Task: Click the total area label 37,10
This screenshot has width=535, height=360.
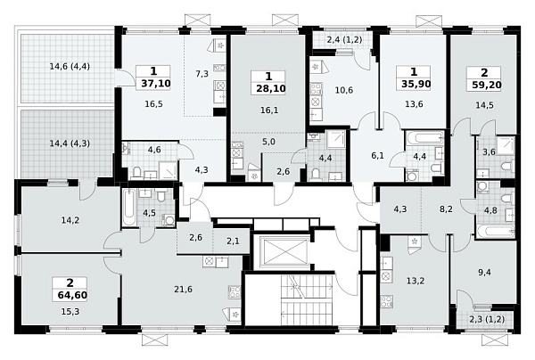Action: click(x=155, y=84)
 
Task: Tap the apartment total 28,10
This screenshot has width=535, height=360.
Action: click(x=270, y=88)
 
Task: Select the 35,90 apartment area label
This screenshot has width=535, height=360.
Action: click(x=416, y=84)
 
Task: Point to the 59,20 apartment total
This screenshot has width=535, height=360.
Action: click(x=487, y=85)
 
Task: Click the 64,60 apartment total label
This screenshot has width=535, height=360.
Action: click(x=72, y=295)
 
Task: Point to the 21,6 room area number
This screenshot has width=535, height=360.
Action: click(x=183, y=290)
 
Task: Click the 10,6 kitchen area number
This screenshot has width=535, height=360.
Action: click(x=344, y=90)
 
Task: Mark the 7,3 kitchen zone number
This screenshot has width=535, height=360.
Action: click(x=202, y=74)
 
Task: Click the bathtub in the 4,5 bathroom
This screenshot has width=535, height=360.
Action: click(x=129, y=208)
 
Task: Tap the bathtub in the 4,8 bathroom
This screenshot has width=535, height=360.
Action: click(x=496, y=232)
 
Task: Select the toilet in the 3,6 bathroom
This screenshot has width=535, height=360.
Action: click(x=507, y=167)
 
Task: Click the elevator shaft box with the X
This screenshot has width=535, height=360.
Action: click(x=284, y=252)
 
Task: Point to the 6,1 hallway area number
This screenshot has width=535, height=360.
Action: click(x=378, y=156)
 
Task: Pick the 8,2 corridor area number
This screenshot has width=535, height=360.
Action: click(x=446, y=209)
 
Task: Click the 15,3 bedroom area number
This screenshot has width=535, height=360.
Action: click(x=70, y=312)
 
